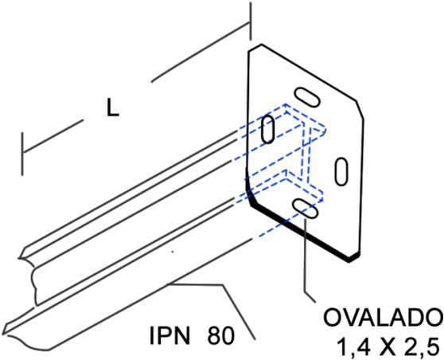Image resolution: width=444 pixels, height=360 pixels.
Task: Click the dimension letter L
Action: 113,108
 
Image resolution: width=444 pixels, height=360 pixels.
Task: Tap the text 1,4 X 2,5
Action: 389,346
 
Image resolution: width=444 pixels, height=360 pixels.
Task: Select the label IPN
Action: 169,335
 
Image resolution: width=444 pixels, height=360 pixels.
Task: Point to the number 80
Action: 221,335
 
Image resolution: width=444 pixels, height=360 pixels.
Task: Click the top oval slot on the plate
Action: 307,97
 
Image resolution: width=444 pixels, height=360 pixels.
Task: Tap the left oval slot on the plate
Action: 267,129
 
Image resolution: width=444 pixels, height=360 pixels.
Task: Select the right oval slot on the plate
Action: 341,171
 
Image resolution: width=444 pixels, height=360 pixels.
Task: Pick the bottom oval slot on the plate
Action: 306,209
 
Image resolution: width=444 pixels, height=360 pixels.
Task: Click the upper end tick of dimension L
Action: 250,22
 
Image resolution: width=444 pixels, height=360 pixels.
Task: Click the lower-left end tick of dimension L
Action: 22,154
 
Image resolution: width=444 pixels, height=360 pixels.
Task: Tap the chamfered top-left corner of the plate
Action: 255,48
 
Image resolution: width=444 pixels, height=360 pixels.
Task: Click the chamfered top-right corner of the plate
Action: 360,110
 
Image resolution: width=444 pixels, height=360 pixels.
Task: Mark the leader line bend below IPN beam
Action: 223,285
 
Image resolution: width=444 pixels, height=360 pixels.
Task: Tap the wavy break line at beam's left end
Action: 33,284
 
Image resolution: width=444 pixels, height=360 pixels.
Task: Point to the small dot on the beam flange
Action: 173,252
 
